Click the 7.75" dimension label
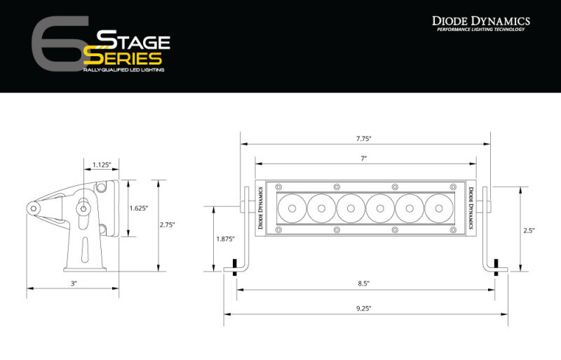pyautogui.click(x=364, y=139)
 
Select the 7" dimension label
pyautogui.click(x=364, y=159)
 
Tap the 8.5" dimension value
pyautogui.click(x=364, y=284)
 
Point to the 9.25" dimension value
pyautogui.click(x=364, y=308)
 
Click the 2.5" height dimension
pyautogui.click(x=529, y=229)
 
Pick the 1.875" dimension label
pyautogui.click(x=226, y=239)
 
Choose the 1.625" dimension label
pyautogui.click(x=138, y=208)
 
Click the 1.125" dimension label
pyautogui.click(x=102, y=166)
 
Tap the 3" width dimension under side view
pyautogui.click(x=73, y=284)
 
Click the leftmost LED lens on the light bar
pyautogui.click(x=290, y=208)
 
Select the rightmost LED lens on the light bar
pyautogui.click(x=438, y=208)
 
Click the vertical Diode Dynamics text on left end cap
pyautogui.click(x=260, y=208)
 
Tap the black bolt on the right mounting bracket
pyautogui.click(x=497, y=267)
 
